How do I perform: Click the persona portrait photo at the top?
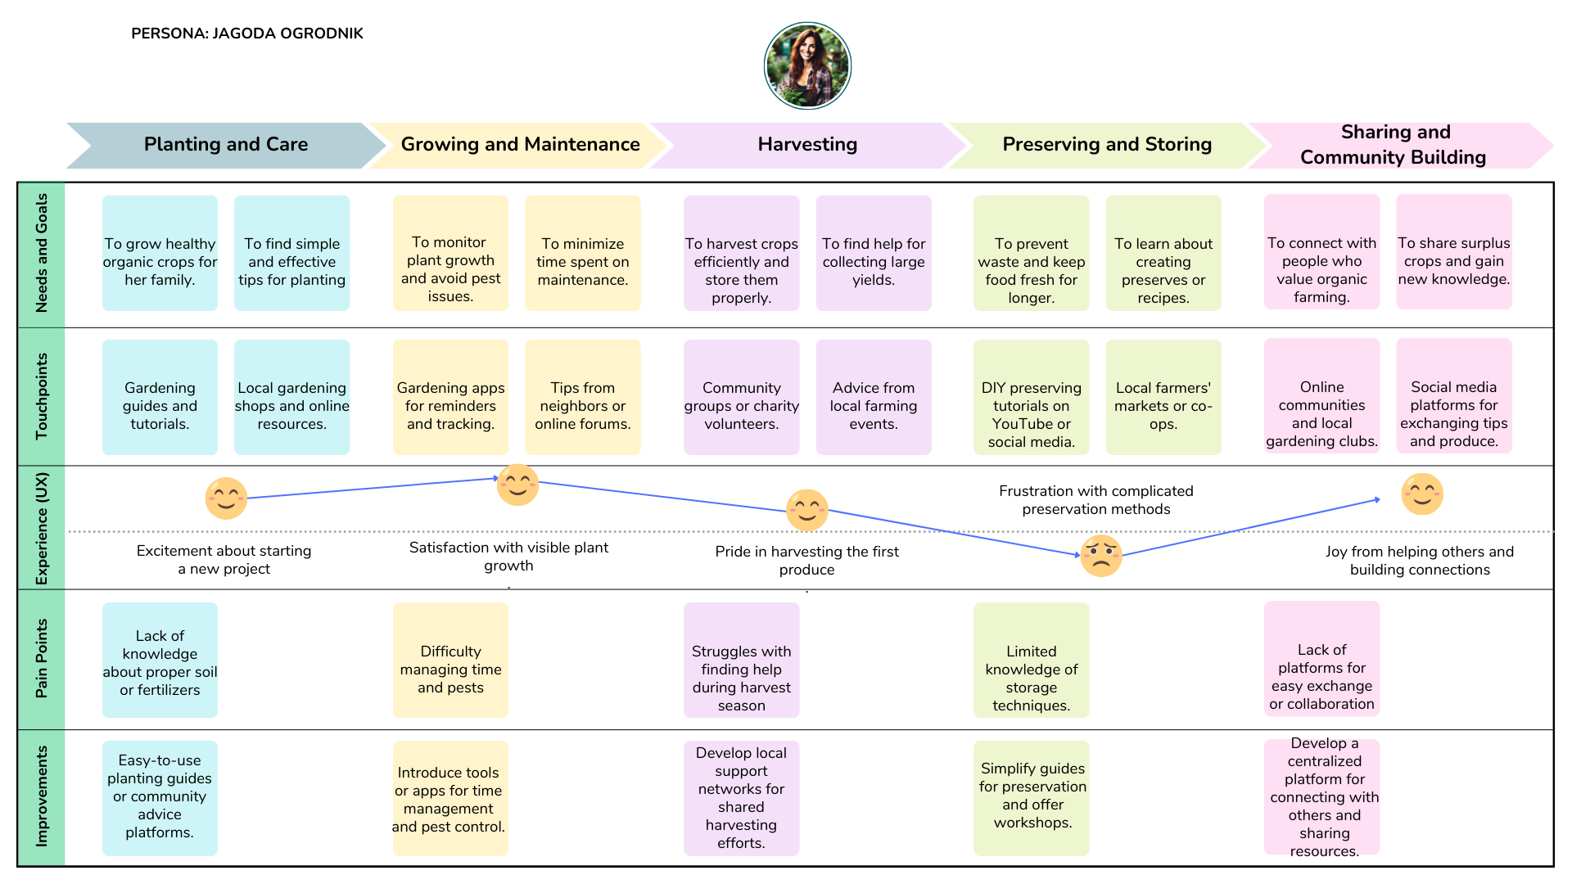pos(807,65)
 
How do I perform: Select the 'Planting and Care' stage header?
pos(225,145)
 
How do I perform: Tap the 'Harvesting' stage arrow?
pos(806,145)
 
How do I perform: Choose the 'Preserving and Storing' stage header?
pos(1106,145)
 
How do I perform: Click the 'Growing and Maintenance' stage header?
pos(520,145)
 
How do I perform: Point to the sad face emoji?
pos(1101,556)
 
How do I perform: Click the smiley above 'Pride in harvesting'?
pos(806,510)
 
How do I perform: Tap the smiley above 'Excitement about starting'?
pos(226,498)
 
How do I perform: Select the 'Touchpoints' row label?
pos(42,397)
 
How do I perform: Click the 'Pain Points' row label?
pos(42,659)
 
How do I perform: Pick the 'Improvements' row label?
pos(42,796)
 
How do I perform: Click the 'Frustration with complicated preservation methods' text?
pos(1095,500)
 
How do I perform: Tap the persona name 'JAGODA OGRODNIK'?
pos(287,34)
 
